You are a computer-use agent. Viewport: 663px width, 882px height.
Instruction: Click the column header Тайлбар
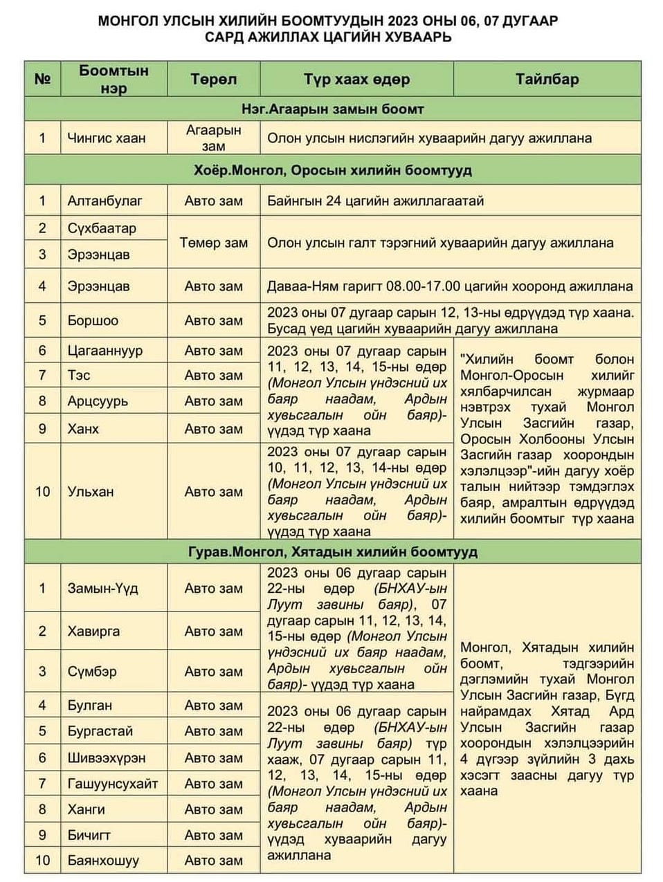(x=547, y=79)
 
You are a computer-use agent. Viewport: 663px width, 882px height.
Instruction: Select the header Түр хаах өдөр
(x=356, y=79)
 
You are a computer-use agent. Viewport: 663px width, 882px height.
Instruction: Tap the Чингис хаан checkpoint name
(x=107, y=138)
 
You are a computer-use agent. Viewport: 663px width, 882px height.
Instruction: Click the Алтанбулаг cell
(x=105, y=201)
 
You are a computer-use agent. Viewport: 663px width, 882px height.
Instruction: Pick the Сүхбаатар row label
(x=102, y=228)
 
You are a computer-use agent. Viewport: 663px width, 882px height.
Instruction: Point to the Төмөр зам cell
(x=214, y=242)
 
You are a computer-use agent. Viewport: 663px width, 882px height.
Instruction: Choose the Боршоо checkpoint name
(x=93, y=320)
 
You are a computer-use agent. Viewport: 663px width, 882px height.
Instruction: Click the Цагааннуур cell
(x=105, y=350)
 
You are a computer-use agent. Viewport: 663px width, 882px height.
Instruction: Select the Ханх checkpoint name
(x=83, y=428)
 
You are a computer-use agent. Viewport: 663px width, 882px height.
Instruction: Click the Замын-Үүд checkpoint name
(x=102, y=588)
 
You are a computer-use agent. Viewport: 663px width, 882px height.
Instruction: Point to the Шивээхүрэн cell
(x=107, y=757)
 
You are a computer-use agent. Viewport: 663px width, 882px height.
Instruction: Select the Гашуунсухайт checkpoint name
(x=112, y=783)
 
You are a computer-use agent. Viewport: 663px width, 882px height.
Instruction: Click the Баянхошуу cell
(x=103, y=861)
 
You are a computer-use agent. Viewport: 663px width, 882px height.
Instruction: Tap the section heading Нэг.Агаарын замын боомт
(x=332, y=109)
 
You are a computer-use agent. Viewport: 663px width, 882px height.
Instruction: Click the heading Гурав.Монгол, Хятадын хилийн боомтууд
(x=332, y=552)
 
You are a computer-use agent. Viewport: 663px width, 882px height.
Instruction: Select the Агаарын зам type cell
(x=214, y=138)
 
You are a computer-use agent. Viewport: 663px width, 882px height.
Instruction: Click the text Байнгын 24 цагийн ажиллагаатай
(x=375, y=201)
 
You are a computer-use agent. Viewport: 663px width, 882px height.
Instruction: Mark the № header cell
(x=42, y=79)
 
